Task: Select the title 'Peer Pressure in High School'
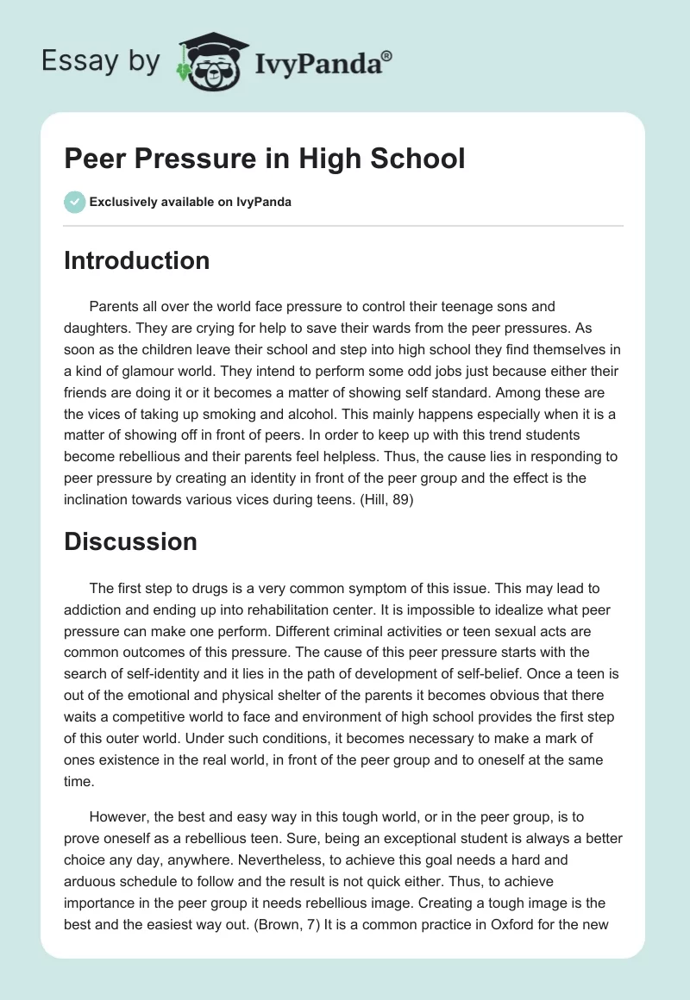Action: pos(265,159)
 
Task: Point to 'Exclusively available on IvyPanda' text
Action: pos(191,202)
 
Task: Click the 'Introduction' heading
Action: pos(136,260)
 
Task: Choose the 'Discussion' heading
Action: pos(130,541)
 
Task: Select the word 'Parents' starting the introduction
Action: pos(115,306)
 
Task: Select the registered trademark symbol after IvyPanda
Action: pos(387,56)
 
